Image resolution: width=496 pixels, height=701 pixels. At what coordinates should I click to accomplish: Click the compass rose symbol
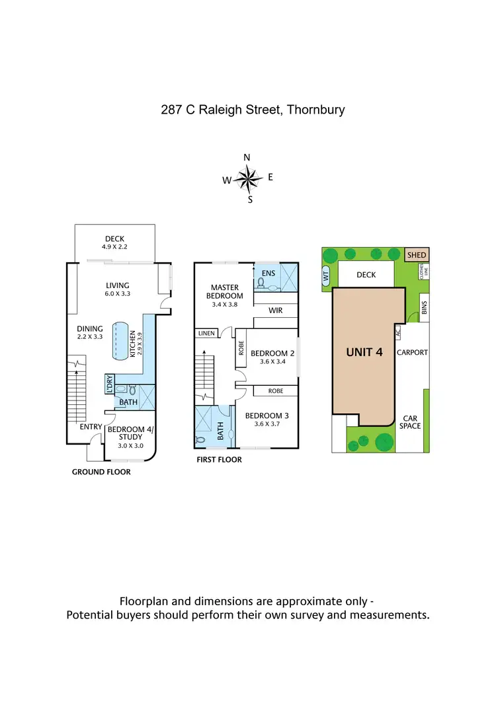pos(248,178)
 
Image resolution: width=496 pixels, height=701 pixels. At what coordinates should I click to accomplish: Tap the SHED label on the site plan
pos(417,255)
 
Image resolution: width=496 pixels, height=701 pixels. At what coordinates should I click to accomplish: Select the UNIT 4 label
pos(364,352)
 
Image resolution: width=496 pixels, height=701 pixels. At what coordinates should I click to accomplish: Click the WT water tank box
pos(326,278)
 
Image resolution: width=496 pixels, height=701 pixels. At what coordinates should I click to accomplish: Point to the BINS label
pos(424,308)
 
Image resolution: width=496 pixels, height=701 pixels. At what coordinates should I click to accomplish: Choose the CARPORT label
pos(412,352)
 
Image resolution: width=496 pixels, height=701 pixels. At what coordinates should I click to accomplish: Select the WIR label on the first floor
pos(276,309)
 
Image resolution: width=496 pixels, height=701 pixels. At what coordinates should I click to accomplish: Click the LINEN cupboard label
pos(206,333)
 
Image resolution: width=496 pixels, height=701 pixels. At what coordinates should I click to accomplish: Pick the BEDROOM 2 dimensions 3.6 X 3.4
pos(272,361)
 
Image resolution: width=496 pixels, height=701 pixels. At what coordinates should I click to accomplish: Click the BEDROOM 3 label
pos(267,416)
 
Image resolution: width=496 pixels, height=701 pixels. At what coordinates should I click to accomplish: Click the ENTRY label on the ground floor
pos(91,427)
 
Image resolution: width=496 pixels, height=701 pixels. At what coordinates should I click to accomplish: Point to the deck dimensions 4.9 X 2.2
pos(114,247)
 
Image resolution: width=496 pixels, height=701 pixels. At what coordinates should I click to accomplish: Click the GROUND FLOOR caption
pos(101,472)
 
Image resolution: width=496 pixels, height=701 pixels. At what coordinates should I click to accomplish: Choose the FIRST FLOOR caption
pos(219,460)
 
